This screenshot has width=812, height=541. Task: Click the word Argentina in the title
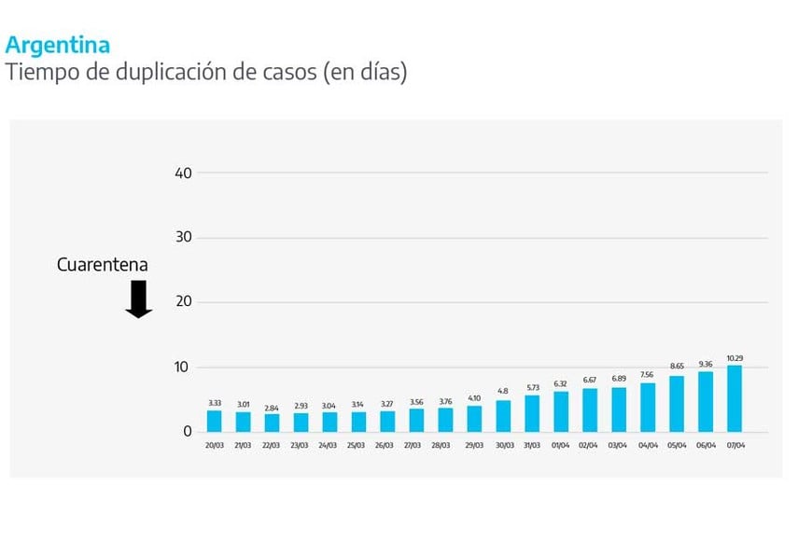pos(58,45)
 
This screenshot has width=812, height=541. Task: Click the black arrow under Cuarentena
pos(139,298)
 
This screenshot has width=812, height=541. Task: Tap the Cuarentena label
pos(103,265)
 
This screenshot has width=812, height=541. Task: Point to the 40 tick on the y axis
pos(183,173)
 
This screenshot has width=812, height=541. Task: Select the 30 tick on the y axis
pos(183,238)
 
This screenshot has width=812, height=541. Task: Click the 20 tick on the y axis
pos(183,302)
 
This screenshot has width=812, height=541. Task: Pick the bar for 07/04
pos(735,398)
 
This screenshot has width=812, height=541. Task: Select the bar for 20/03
pos(215,421)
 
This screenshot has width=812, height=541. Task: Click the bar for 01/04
pos(561,411)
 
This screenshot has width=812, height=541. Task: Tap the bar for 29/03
pos(474,418)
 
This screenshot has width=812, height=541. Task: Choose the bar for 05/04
pos(677,404)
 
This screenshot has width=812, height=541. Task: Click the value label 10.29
pos(735,358)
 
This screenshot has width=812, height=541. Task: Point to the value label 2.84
pos(273,408)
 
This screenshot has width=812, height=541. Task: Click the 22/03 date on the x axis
pos(273,446)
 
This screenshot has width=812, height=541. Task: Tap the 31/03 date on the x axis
pos(532,446)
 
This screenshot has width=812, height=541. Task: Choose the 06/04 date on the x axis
pos(706,446)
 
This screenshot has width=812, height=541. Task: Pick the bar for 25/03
pos(358,422)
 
